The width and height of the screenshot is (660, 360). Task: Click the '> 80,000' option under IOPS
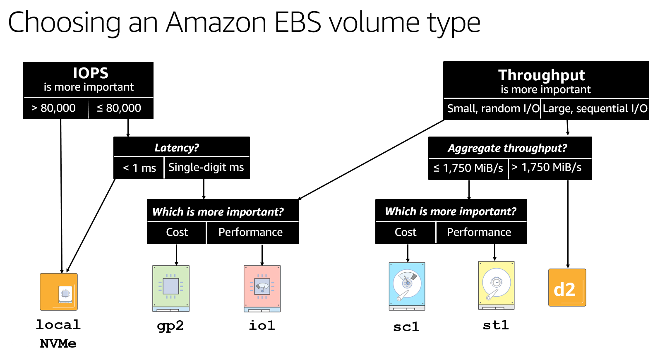pyautogui.click(x=54, y=108)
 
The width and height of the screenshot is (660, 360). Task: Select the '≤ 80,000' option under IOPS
pyautogui.click(x=119, y=108)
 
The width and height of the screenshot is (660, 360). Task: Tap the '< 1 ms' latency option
pyautogui.click(x=139, y=168)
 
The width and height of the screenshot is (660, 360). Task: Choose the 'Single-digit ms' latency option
pyautogui.click(x=206, y=167)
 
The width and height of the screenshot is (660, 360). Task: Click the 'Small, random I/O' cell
pyautogui.click(x=493, y=108)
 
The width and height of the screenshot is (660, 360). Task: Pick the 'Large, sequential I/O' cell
pyautogui.click(x=595, y=108)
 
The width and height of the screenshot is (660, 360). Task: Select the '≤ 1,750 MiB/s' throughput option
pyautogui.click(x=468, y=168)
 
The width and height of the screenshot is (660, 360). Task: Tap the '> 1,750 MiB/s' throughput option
pyautogui.click(x=546, y=167)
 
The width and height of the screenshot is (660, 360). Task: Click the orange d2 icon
pyautogui.click(x=567, y=288)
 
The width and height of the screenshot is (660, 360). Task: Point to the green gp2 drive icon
pyautogui.click(x=171, y=288)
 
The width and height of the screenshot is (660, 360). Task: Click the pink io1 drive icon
pyautogui.click(x=262, y=288)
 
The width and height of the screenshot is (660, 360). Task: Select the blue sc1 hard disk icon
pyautogui.click(x=407, y=286)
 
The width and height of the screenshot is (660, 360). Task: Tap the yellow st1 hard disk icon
pyautogui.click(x=496, y=285)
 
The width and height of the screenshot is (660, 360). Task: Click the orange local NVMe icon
pyautogui.click(x=59, y=292)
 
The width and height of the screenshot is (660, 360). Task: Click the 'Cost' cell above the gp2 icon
pyautogui.click(x=177, y=232)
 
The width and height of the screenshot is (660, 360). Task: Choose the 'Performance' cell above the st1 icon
pyautogui.click(x=479, y=232)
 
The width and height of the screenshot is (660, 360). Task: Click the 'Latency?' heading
pyautogui.click(x=177, y=148)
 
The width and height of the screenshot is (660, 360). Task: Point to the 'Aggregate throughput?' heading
pyautogui.click(x=507, y=148)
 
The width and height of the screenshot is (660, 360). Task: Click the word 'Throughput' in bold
pyautogui.click(x=541, y=75)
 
